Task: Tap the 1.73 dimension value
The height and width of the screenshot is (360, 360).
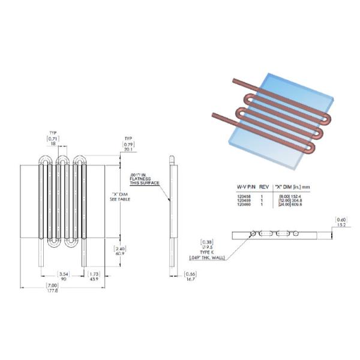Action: click(93, 275)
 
